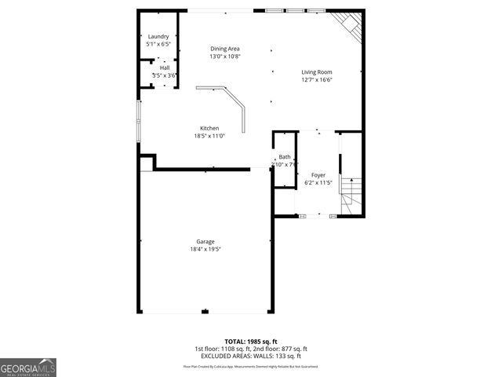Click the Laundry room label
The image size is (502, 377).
click(x=158, y=37)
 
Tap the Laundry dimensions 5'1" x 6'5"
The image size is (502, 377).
click(x=158, y=45)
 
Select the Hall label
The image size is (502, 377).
click(x=165, y=68)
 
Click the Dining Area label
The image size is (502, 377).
click(x=224, y=49)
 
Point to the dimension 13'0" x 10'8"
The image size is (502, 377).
click(x=224, y=57)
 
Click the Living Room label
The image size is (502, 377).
click(x=317, y=72)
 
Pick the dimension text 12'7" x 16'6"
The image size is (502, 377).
click(x=317, y=80)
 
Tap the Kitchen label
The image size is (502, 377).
click(x=209, y=128)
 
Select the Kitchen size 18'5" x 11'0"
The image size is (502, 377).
click(x=209, y=136)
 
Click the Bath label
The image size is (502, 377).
click(x=284, y=157)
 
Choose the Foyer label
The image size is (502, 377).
click(x=318, y=175)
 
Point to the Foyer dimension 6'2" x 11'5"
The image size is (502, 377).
click(x=318, y=183)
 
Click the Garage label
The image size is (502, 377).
click(x=206, y=241)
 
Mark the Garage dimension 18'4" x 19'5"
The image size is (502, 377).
click(x=206, y=249)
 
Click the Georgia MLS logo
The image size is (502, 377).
click(x=28, y=367)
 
